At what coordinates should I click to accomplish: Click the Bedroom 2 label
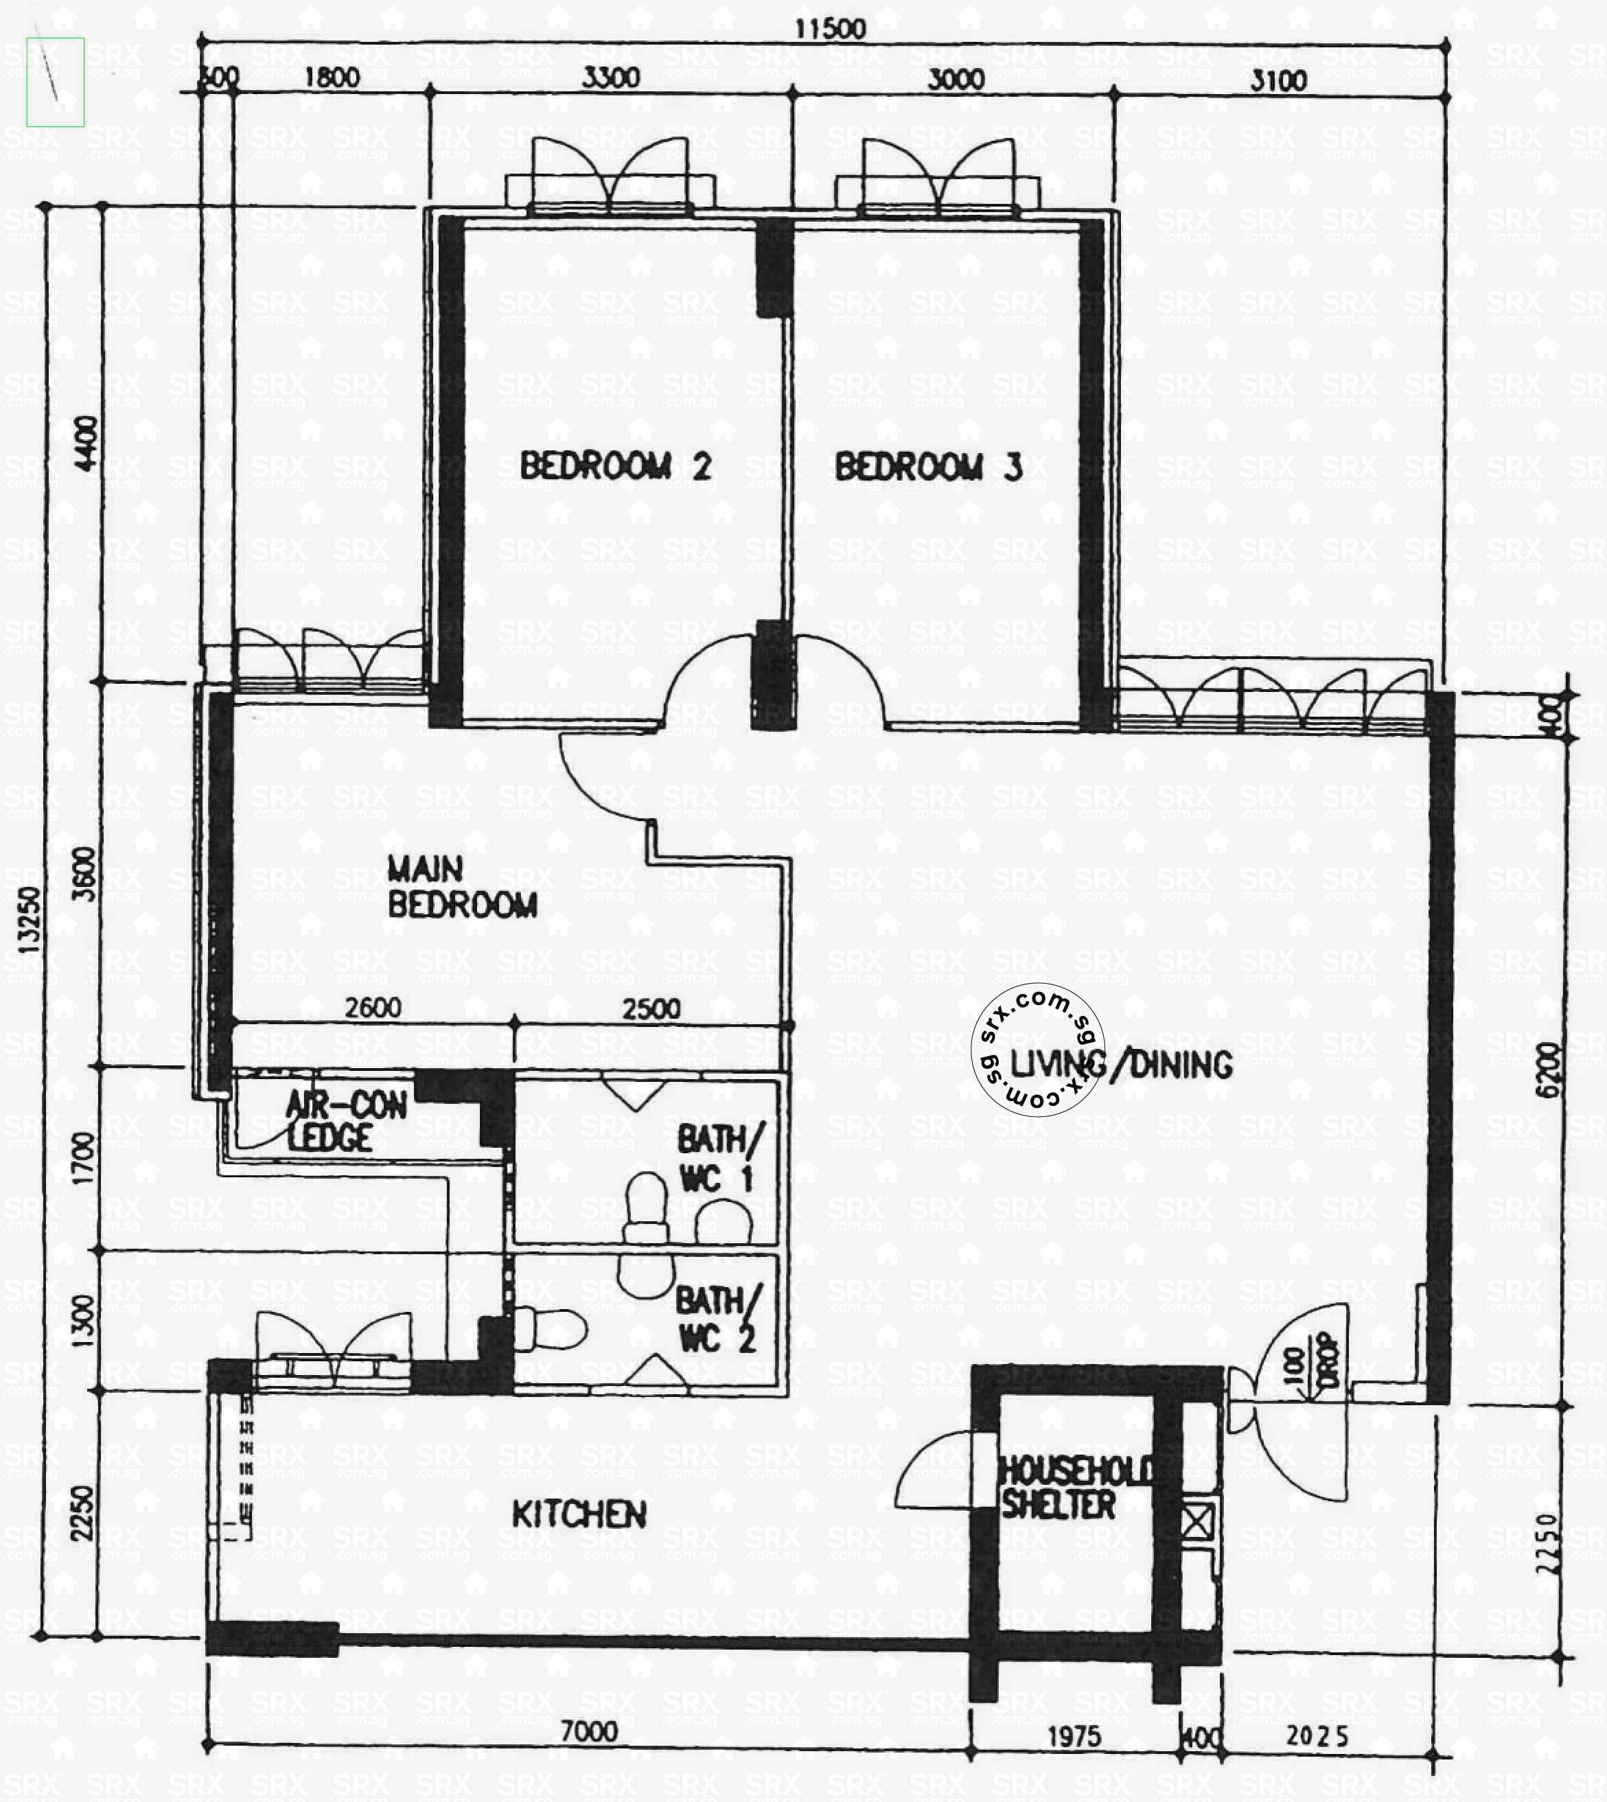[x=616, y=465]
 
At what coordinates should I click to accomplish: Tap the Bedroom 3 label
[x=928, y=467]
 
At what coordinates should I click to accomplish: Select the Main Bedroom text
[x=462, y=888]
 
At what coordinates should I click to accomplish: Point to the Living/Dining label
[x=1122, y=1065]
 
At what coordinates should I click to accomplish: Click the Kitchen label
[x=579, y=1514]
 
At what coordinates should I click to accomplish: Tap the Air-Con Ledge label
[x=345, y=1121]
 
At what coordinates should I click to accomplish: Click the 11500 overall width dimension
[x=829, y=28]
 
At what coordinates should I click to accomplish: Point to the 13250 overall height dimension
[x=29, y=919]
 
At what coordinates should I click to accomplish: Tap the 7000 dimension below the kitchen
[x=589, y=1731]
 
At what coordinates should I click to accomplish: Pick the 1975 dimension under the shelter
[x=1074, y=1737]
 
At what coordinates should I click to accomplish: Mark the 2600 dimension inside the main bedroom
[x=373, y=1007]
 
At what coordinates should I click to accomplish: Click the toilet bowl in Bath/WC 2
[x=552, y=1329]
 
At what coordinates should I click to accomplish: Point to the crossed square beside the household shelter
[x=1197, y=1522]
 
